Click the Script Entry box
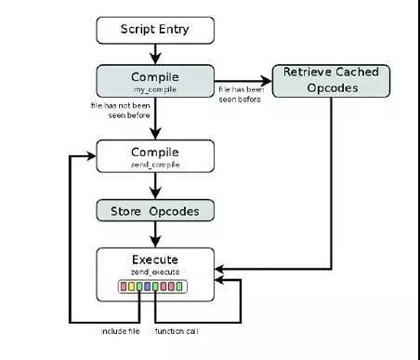[x=155, y=30]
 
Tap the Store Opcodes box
[x=155, y=210]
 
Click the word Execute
[x=155, y=260]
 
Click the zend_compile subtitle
[x=155, y=163]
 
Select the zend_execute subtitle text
[x=155, y=272]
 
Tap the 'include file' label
[x=120, y=331]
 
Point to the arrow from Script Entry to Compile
[x=155, y=53]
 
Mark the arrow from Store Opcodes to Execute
[x=155, y=233]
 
